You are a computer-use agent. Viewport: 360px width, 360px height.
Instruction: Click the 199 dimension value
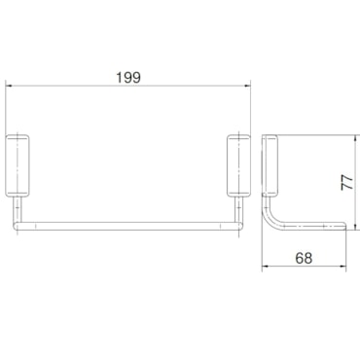pyautogui.click(x=128, y=78)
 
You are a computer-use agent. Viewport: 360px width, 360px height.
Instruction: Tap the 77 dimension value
pyautogui.click(x=347, y=182)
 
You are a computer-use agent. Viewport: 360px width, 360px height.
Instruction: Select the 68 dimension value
pyautogui.click(x=304, y=258)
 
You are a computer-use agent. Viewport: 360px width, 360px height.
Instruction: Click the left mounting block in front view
pyautogui.click(x=18, y=165)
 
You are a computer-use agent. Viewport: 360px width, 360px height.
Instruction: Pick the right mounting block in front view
pyautogui.click(x=238, y=165)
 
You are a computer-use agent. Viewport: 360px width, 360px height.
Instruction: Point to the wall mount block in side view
pyautogui.click(x=270, y=166)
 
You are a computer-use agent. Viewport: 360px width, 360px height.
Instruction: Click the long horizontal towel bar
pyautogui.click(x=127, y=226)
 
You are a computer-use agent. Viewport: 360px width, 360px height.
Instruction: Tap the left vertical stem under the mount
pyautogui.click(x=18, y=209)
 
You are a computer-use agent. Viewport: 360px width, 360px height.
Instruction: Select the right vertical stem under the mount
pyautogui.click(x=238, y=209)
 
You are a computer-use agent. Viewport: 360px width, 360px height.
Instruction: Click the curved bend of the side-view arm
pyautogui.click(x=271, y=220)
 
